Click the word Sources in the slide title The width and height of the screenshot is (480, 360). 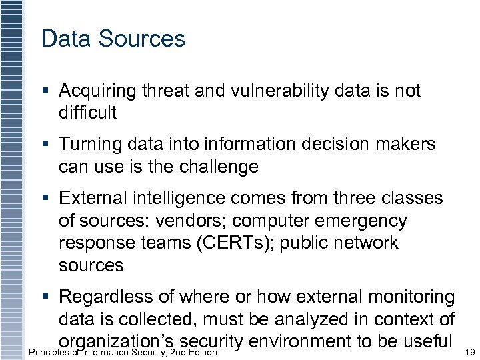pos(141,39)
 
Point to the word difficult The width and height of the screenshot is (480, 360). pos(87,113)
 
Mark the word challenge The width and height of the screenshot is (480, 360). pos(222,166)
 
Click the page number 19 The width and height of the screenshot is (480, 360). pos(469,352)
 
